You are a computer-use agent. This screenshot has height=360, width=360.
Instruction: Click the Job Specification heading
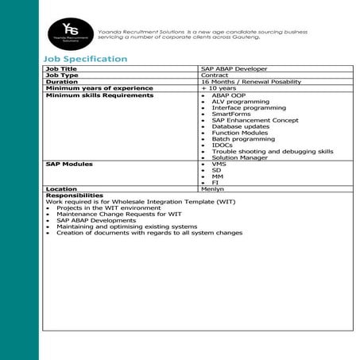(x=85, y=60)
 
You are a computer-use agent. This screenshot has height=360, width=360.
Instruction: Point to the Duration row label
(x=62, y=82)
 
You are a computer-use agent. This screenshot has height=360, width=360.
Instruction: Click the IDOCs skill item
(x=223, y=145)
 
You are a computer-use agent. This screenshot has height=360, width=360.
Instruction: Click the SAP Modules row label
(x=69, y=164)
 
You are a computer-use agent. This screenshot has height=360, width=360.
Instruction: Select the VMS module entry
(x=219, y=164)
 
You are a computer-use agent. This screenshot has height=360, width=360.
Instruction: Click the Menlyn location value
(x=213, y=189)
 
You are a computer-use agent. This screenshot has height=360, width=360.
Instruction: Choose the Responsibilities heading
(x=74, y=195)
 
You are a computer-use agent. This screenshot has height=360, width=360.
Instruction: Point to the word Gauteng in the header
(x=291, y=37)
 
